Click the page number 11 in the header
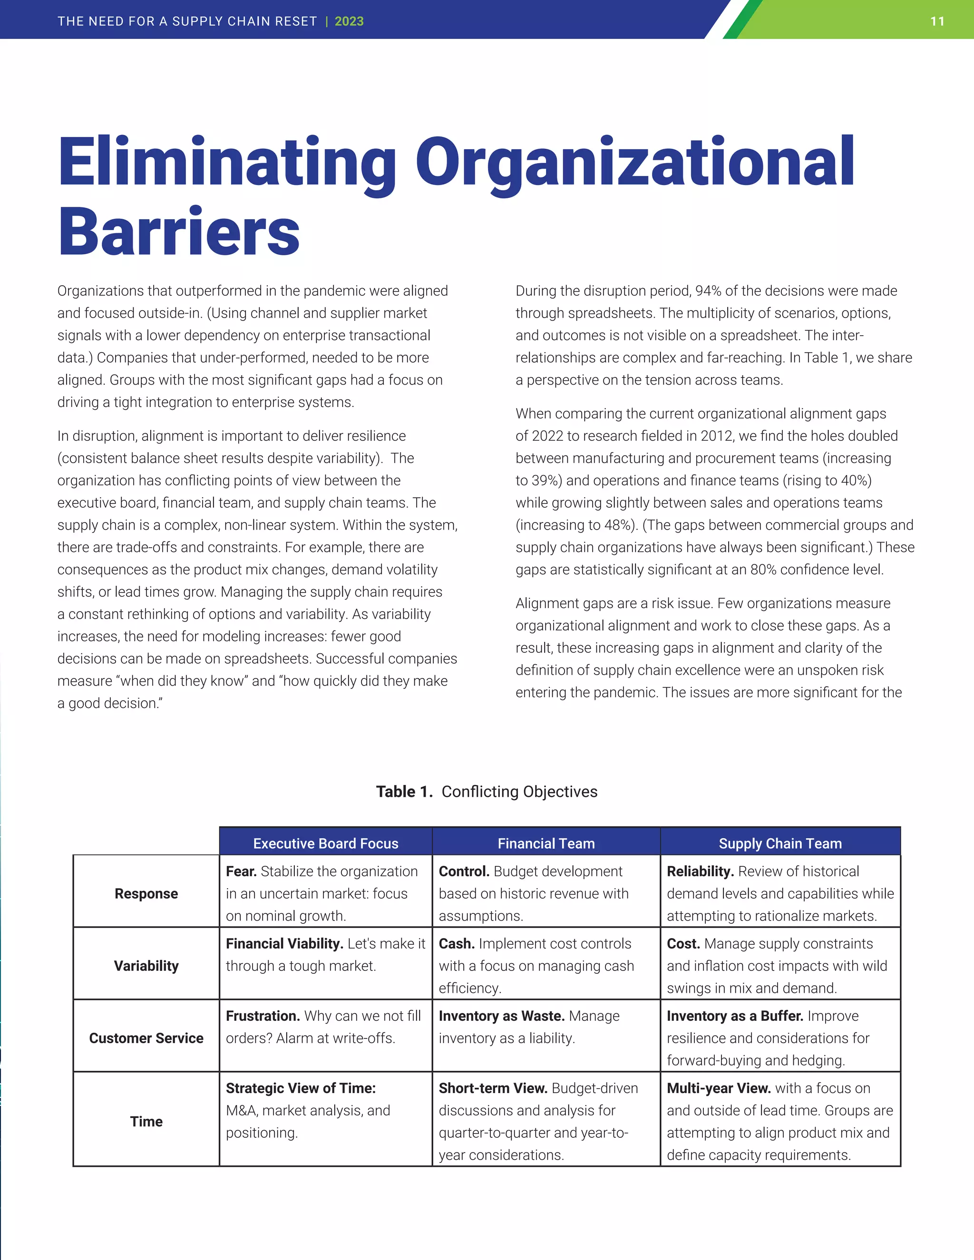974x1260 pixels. (937, 21)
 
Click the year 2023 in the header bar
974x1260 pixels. (349, 21)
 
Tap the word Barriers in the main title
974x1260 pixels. (179, 232)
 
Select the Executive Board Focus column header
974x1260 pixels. (325, 843)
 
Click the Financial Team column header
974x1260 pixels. (546, 843)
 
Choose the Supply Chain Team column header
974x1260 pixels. (780, 843)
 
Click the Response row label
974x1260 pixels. (146, 894)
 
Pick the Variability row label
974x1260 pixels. (146, 966)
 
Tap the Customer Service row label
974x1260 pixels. (146, 1038)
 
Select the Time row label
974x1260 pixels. (146, 1122)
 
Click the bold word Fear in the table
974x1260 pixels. (241, 871)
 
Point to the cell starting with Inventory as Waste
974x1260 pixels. (545, 1027)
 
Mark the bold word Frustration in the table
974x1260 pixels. (263, 1016)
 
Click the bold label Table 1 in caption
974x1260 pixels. (404, 792)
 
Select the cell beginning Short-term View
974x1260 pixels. (545, 1122)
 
